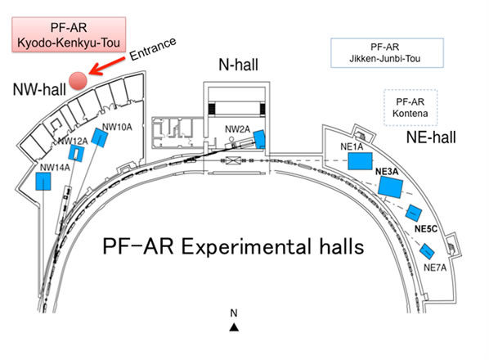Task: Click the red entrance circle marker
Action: point(78,81)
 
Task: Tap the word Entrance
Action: point(153,48)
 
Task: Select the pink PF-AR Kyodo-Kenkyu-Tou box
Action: point(69,34)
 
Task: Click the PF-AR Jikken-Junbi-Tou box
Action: point(387,52)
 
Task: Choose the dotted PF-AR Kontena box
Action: point(410,108)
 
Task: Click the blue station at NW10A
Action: point(100,137)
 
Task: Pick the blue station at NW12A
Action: point(77,153)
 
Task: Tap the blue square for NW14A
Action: point(43,182)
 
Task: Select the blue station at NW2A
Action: point(259,139)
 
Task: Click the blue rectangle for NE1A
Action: point(360,161)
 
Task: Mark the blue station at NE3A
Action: point(390,187)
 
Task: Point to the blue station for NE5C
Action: point(414,213)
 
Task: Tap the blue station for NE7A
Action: point(427,251)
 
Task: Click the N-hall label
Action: point(238,65)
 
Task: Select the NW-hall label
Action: point(39,89)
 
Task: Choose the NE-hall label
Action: point(431,137)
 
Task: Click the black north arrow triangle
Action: point(234,327)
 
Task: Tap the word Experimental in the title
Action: point(246,246)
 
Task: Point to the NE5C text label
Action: point(426,228)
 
